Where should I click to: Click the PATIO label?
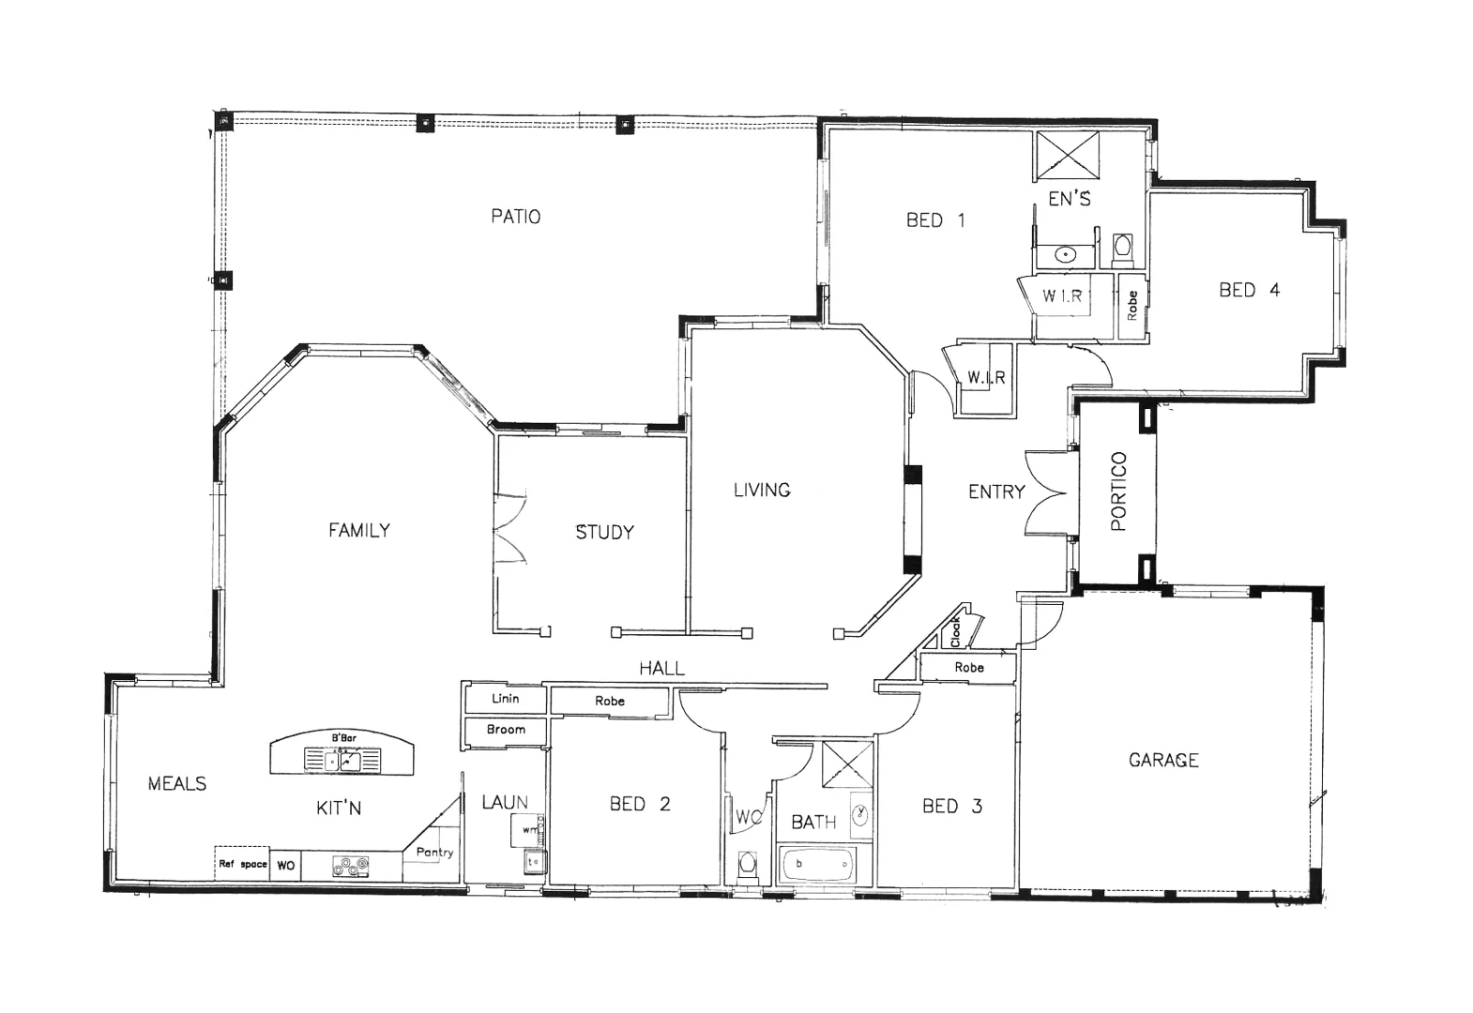click(515, 217)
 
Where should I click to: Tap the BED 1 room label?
click(934, 220)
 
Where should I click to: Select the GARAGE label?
click(1163, 760)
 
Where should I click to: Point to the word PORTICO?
click(1117, 491)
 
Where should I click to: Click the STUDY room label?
click(604, 532)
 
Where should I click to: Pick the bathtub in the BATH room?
click(816, 864)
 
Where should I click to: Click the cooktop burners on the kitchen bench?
click(350, 866)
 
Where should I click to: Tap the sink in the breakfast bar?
click(342, 759)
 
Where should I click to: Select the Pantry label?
click(434, 852)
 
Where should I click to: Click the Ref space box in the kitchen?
click(242, 864)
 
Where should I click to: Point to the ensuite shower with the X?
click(1067, 155)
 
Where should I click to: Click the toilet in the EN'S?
click(1122, 249)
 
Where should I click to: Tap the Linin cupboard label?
click(506, 699)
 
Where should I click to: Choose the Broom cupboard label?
click(506, 729)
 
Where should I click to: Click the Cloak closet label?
click(955, 632)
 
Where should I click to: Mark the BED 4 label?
click(1249, 290)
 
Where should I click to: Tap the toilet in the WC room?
click(748, 863)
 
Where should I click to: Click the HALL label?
click(661, 668)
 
